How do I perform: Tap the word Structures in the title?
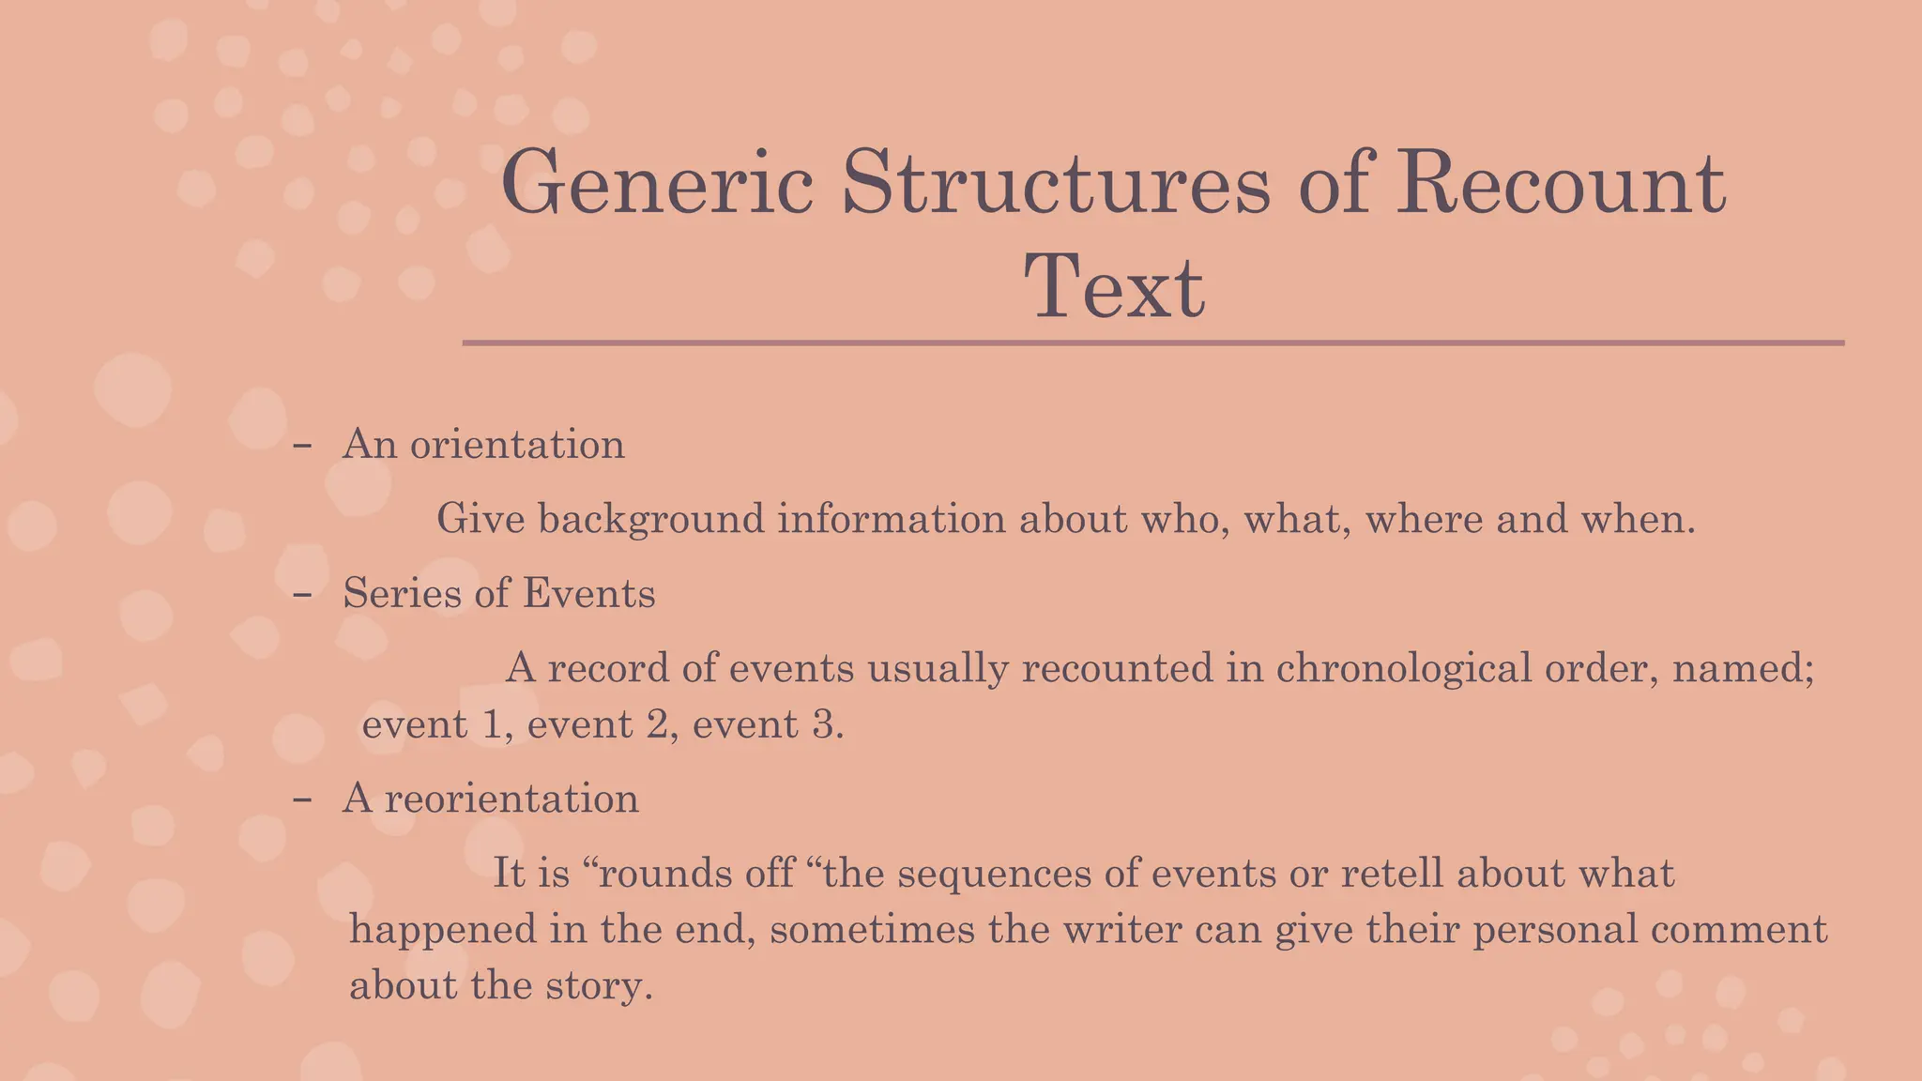point(1056,183)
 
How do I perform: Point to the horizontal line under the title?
point(1152,343)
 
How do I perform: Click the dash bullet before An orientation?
point(302,446)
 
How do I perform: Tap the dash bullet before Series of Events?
point(302,595)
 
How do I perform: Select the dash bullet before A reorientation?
point(302,799)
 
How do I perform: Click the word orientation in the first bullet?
point(517,444)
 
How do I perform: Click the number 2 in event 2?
point(657,724)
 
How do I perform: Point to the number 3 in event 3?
point(822,724)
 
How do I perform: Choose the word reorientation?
point(511,799)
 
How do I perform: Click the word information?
point(892,519)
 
